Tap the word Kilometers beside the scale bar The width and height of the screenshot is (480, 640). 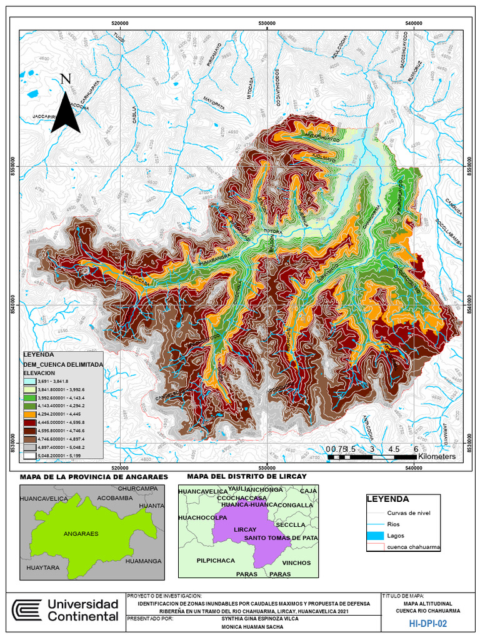[x=437, y=457]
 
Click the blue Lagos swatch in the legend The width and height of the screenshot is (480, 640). [x=374, y=536]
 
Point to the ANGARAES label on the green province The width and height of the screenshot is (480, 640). [x=81, y=534]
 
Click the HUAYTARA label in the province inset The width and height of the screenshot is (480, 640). [x=42, y=568]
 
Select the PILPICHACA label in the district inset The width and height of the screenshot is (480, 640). [x=216, y=561]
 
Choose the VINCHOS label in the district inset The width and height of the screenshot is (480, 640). [x=296, y=563]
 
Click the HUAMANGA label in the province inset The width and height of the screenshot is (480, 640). [x=143, y=561]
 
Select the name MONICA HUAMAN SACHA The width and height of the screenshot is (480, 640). [x=253, y=631]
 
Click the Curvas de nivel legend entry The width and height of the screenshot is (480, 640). [x=409, y=513]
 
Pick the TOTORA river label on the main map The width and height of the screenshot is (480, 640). [x=273, y=231]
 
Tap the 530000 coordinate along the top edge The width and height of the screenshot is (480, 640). [x=267, y=23]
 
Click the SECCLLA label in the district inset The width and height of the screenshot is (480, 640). [x=292, y=524]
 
